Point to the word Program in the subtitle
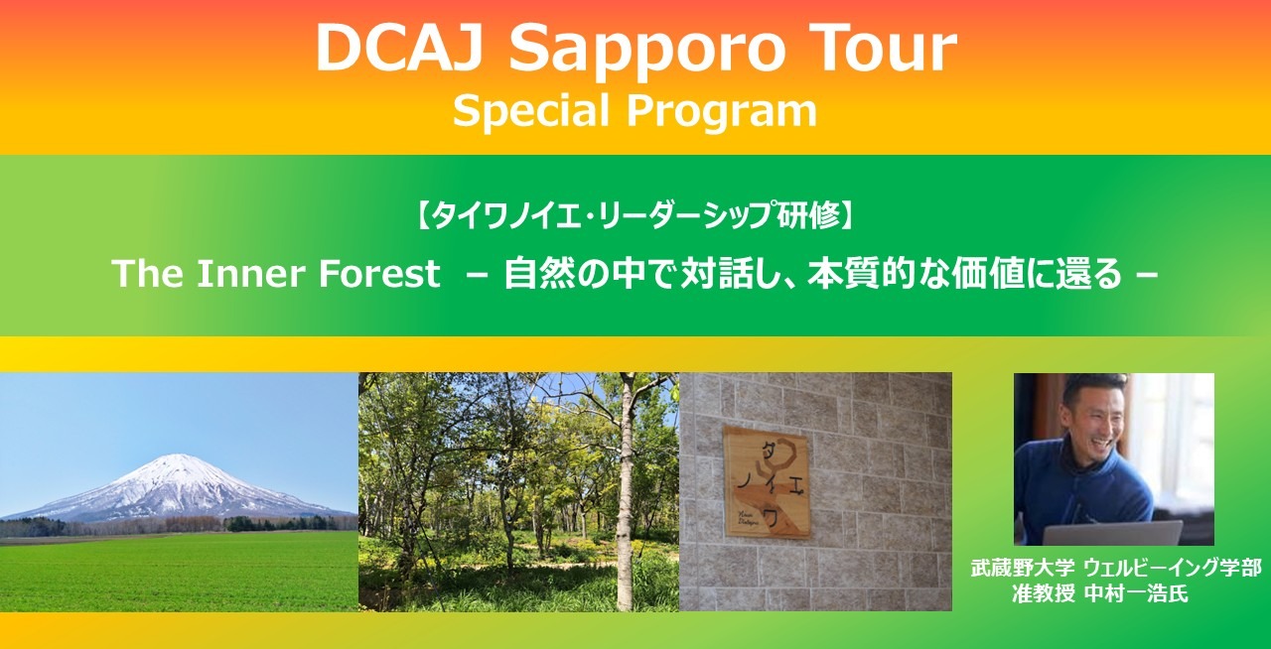coord(722,111)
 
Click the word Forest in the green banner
coord(379,274)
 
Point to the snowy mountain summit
coord(178,457)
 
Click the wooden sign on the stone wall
coord(767,481)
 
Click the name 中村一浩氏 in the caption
coord(1137,594)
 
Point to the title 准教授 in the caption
coord(1044,594)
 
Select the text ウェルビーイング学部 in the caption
coord(1174,568)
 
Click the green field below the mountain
coord(179,572)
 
